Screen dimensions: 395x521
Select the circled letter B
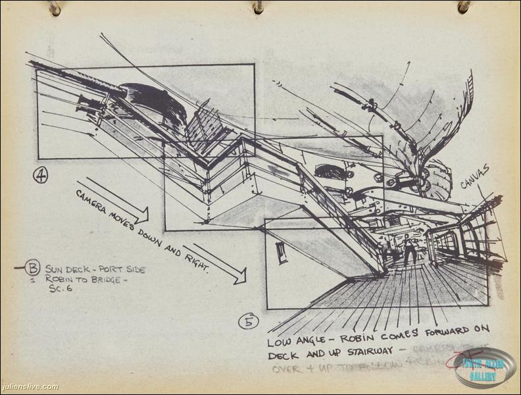[x=33, y=269]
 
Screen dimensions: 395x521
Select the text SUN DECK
[x=69, y=269]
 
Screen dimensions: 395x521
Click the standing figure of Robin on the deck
[x=409, y=249]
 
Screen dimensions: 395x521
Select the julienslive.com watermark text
[x=30, y=387]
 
